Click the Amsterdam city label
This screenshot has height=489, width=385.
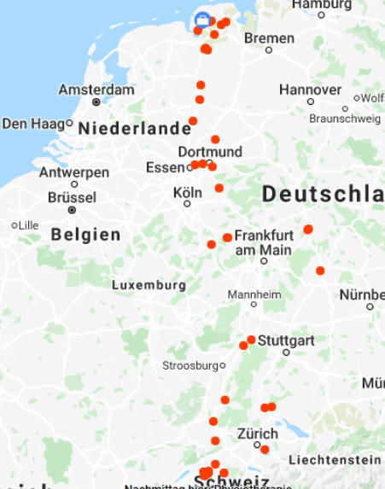click(96, 90)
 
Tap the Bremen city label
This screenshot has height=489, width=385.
click(269, 38)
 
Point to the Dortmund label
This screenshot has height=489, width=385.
click(210, 152)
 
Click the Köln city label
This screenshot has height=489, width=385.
click(187, 193)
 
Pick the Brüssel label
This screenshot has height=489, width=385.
click(72, 196)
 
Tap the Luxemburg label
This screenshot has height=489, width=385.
click(149, 284)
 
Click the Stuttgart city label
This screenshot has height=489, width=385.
click(286, 341)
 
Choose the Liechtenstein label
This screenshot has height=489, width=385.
click(334, 459)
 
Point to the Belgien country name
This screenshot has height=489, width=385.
click(85, 234)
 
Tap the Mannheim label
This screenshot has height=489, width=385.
click(254, 294)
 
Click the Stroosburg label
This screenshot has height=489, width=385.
click(190, 365)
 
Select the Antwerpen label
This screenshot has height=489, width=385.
click(74, 172)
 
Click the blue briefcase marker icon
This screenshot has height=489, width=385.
click(202, 20)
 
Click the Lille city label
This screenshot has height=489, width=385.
click(28, 225)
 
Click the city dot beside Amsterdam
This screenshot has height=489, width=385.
click(96, 102)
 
